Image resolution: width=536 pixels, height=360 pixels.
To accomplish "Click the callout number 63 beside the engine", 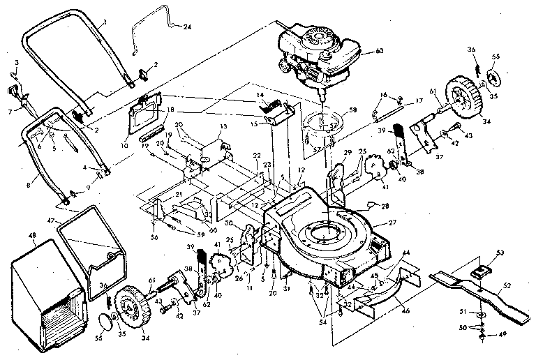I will pyautogui.click(x=380, y=50).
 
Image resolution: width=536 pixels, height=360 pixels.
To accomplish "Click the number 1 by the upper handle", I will pyautogui.click(x=104, y=23).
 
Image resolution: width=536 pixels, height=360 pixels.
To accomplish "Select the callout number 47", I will pyautogui.click(x=50, y=220).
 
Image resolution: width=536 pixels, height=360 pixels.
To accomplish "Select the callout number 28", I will pyautogui.click(x=385, y=207).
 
